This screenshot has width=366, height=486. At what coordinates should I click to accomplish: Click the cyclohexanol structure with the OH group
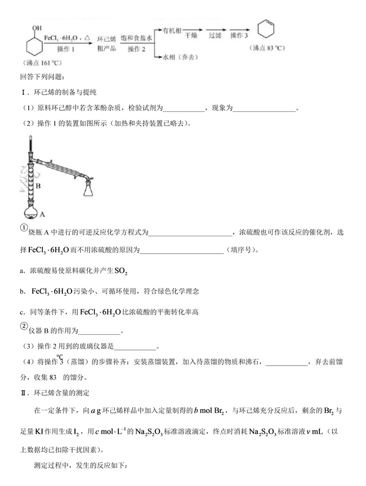click(34, 41)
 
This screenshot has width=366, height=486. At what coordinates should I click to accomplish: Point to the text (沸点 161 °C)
click(38, 62)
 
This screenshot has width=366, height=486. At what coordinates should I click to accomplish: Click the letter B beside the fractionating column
click(38, 184)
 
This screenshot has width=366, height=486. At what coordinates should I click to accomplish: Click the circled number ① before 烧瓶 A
click(24, 227)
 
